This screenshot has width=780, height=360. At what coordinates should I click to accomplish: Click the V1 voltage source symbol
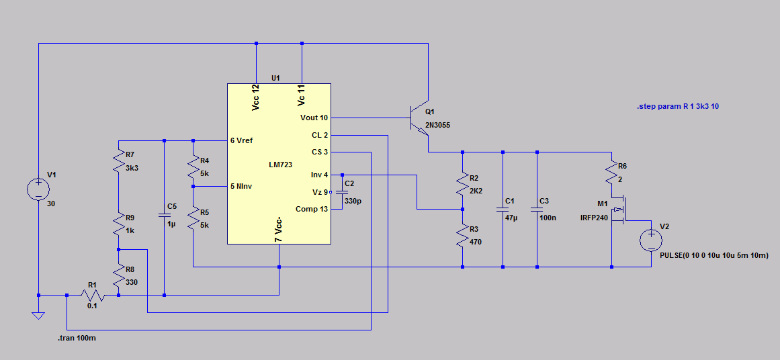(x=38, y=189)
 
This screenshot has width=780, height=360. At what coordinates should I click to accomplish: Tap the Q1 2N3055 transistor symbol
(x=421, y=118)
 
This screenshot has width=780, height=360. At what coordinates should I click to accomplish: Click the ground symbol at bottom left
(x=38, y=314)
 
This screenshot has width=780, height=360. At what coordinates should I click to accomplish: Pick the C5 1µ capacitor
(x=165, y=216)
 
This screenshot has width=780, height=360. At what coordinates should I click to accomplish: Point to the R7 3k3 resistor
(x=118, y=163)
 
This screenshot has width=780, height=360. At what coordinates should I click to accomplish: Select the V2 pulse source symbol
(x=651, y=240)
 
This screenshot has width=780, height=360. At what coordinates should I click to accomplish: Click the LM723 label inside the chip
(x=281, y=165)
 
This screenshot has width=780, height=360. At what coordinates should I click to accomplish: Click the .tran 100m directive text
(x=77, y=338)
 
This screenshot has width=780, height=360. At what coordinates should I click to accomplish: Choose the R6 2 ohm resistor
(x=611, y=175)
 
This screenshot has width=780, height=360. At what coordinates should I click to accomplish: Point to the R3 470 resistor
(x=462, y=236)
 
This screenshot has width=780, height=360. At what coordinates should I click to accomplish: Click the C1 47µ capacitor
(x=502, y=210)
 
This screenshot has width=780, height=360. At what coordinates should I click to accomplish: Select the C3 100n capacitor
(x=537, y=210)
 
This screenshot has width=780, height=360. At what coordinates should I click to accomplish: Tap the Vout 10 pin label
(x=314, y=118)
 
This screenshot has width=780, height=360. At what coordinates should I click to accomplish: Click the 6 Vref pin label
(x=243, y=140)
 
